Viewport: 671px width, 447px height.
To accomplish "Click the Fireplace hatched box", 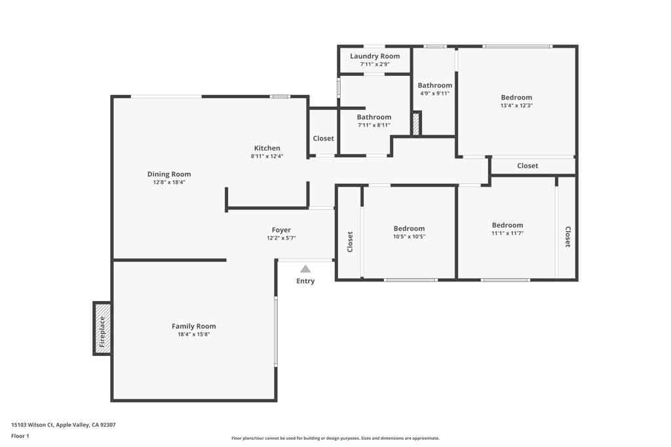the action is coord(102,328).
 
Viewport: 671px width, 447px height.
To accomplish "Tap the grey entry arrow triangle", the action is coord(305,269).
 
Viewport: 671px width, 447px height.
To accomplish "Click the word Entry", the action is coord(305,281).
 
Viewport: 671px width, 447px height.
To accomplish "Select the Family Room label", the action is coord(194,326).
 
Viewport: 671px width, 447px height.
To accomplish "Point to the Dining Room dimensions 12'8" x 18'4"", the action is coord(169,182).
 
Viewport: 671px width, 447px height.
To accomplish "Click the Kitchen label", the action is coord(267,149).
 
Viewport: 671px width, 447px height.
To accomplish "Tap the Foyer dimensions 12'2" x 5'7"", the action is coord(281,238).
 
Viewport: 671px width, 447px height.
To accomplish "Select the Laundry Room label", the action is coord(375,56).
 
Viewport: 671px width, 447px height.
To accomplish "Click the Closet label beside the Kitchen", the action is coord(323,139).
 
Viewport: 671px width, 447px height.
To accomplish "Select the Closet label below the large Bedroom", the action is coord(527,166).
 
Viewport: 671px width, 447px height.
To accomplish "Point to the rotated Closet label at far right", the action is coord(568,237).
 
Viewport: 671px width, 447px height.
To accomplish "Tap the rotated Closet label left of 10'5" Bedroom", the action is coord(350,242).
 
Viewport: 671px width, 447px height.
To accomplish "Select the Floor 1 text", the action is coord(20,436).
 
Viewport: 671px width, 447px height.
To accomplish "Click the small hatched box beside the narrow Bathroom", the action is coord(416,124).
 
